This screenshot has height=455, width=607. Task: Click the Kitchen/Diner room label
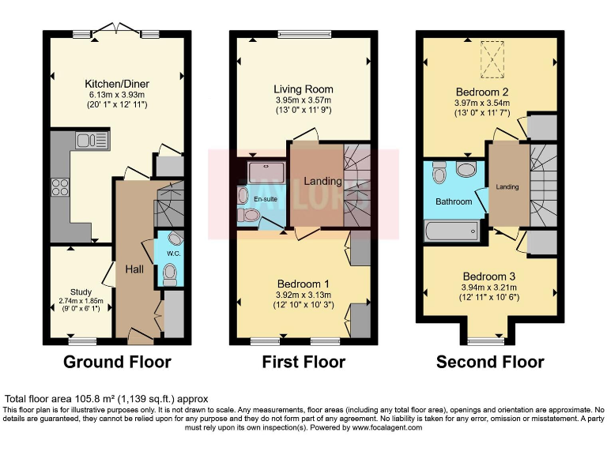[x=118, y=84]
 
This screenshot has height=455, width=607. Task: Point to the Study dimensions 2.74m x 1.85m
[x=81, y=301]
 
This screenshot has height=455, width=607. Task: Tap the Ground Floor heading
[x=118, y=363]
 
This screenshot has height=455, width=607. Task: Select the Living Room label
[x=303, y=89]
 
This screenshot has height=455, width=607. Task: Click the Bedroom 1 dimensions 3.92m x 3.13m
[x=303, y=295]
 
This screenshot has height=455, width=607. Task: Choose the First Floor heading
[x=303, y=363]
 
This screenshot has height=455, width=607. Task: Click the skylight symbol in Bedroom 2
[x=493, y=59]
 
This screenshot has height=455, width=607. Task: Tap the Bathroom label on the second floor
[x=454, y=202]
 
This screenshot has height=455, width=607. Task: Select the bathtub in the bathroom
[x=451, y=230]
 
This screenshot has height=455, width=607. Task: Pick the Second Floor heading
[x=490, y=363]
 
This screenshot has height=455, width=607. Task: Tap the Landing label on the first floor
[x=323, y=181]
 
